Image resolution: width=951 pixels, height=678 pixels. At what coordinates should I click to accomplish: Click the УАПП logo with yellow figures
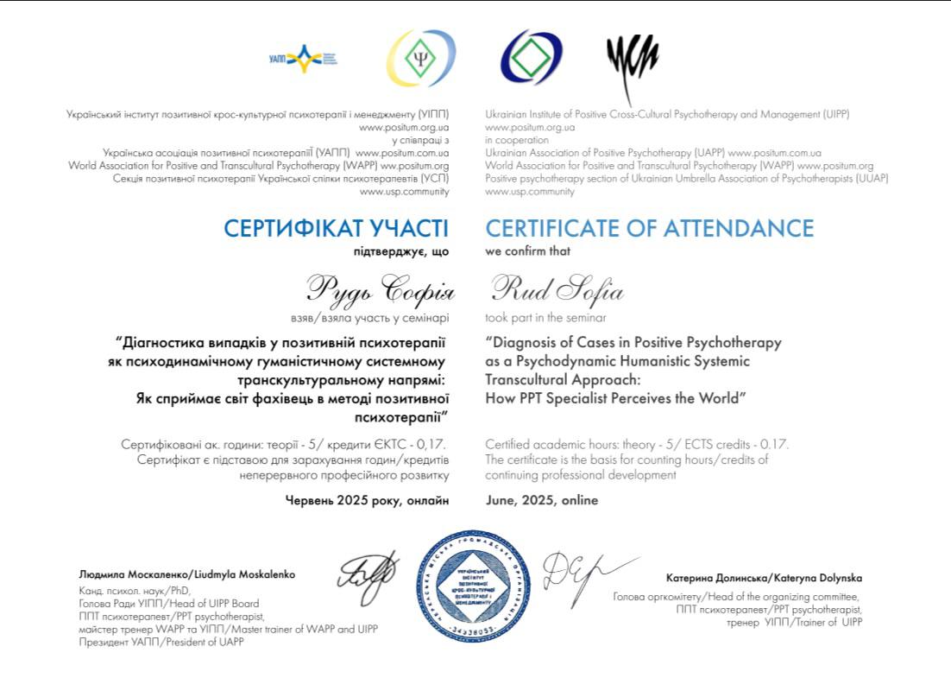pyautogui.click(x=302, y=59)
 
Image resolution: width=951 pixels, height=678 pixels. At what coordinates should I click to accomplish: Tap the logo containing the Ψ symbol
pyautogui.click(x=420, y=59)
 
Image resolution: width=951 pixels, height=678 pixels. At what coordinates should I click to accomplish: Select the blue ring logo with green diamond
pyautogui.click(x=531, y=59)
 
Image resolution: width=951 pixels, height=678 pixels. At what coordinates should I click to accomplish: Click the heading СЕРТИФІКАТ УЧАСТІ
pyautogui.click(x=336, y=229)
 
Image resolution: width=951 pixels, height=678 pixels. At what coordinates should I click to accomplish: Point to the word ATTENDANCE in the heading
pyautogui.click(x=738, y=229)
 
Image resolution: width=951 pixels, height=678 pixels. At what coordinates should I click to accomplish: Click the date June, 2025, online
pyautogui.click(x=541, y=500)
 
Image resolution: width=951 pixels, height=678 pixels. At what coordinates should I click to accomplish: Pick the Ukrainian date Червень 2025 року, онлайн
pyautogui.click(x=367, y=500)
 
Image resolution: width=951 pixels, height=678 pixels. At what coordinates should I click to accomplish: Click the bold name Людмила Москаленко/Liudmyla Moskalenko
pyautogui.click(x=186, y=573)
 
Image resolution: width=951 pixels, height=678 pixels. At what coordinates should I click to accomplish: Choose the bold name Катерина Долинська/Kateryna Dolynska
pyautogui.click(x=764, y=578)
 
